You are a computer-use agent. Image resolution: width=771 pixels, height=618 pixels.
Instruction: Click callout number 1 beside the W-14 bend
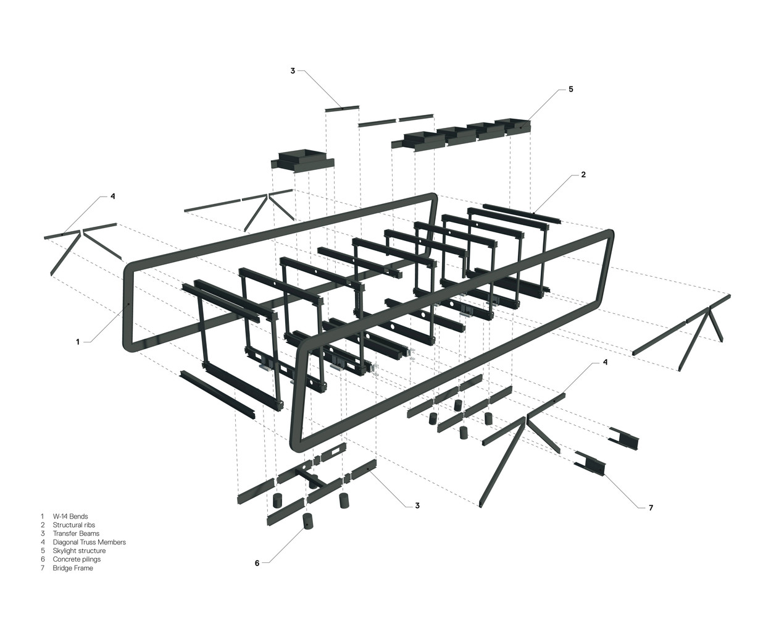click(78, 341)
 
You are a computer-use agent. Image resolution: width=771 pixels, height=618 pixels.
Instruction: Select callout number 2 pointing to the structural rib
click(583, 174)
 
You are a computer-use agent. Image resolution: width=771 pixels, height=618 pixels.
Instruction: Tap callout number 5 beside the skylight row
click(570, 89)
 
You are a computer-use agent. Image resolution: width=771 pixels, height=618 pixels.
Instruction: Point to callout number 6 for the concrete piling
click(257, 562)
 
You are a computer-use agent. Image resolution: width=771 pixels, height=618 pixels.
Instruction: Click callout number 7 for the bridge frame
click(651, 507)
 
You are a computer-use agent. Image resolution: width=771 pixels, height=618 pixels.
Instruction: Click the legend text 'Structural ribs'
click(74, 525)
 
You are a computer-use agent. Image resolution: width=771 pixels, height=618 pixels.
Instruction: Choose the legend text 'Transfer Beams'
click(76, 533)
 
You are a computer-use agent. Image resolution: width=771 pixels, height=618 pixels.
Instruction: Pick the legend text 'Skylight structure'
click(79, 551)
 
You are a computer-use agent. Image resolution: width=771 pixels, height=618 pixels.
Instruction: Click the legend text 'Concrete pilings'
click(77, 559)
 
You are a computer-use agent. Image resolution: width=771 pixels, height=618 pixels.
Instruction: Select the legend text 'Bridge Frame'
click(73, 568)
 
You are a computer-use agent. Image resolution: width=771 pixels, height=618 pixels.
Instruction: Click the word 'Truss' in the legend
click(90, 542)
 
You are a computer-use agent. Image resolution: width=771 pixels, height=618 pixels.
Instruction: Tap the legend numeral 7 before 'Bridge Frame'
click(43, 568)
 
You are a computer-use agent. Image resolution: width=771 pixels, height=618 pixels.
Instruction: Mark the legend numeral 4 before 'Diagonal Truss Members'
click(43, 542)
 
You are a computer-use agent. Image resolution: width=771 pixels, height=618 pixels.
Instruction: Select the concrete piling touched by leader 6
click(307, 522)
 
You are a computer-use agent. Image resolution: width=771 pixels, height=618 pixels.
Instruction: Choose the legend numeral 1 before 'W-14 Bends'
click(43, 516)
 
